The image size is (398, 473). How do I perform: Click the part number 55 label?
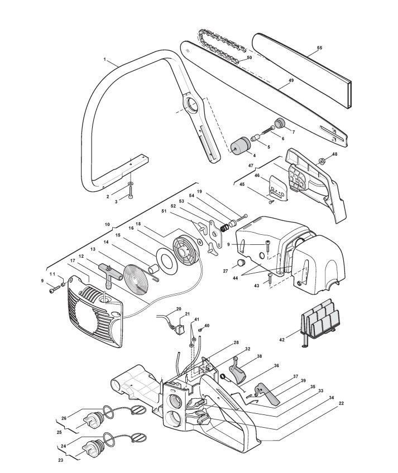click(319, 48)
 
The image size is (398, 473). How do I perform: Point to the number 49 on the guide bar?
click(290, 81)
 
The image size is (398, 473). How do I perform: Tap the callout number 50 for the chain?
click(250, 57)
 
